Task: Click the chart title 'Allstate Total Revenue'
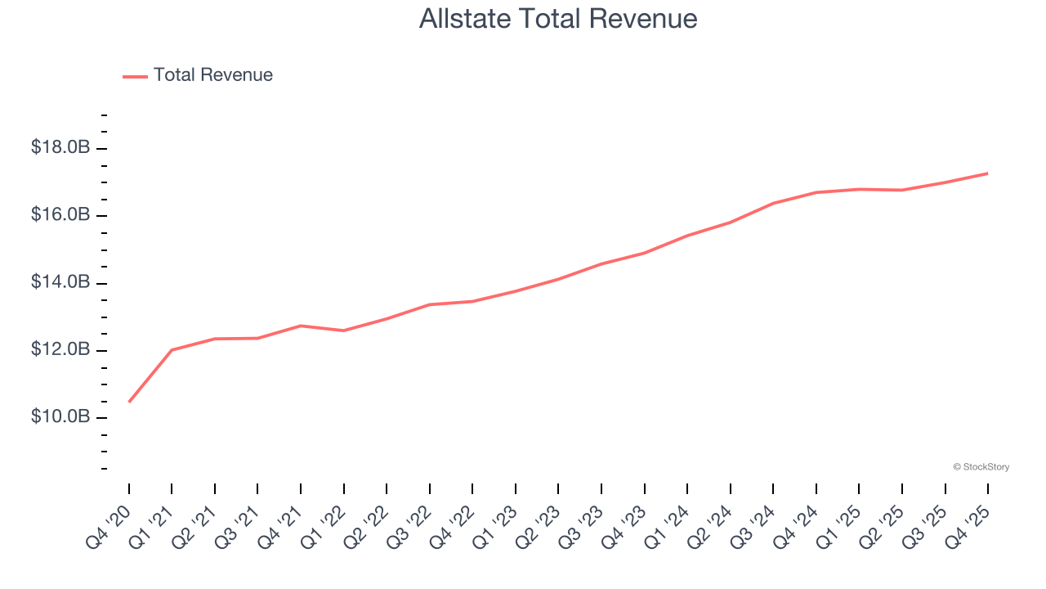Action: (558, 18)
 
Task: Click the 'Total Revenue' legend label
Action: (212, 75)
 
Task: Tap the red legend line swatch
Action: (135, 76)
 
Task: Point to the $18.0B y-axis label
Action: (60, 148)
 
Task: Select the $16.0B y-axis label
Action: (60, 215)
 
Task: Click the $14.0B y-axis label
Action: (60, 283)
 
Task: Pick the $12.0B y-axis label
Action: (60, 350)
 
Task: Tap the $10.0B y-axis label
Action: (60, 417)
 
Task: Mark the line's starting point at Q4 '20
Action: (129, 402)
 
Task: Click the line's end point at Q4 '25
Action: (988, 173)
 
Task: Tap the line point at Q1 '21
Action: (172, 350)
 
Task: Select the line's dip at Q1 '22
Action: (344, 330)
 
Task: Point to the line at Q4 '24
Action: (816, 192)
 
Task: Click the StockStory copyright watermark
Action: (981, 467)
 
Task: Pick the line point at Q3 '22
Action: (430, 304)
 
